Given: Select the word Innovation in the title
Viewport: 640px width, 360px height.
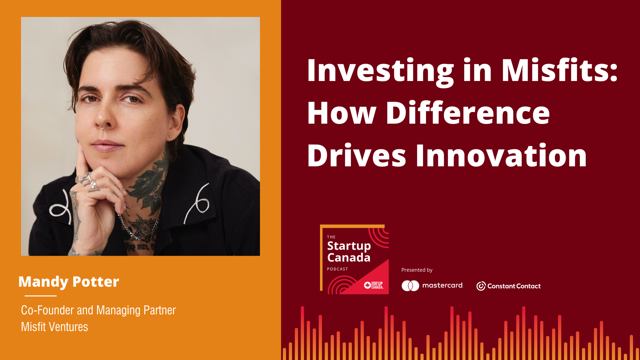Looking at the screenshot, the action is (x=501, y=155).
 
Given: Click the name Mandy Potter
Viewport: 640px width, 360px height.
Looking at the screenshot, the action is (x=69, y=282).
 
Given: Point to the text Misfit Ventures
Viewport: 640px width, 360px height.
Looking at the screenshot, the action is (x=54, y=327).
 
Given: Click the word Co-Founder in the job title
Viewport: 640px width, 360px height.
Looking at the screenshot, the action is (x=47, y=310).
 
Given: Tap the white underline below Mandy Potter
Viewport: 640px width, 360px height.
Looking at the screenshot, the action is (x=41, y=296).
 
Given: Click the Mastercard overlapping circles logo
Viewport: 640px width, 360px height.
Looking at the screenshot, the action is (x=410, y=286).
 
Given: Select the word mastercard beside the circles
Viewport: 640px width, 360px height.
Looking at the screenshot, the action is (x=443, y=285).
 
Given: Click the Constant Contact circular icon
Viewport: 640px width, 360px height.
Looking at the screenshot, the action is (x=481, y=286).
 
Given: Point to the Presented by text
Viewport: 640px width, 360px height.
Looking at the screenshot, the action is (x=417, y=270).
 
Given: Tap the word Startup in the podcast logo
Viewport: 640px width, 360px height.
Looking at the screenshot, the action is (x=349, y=246).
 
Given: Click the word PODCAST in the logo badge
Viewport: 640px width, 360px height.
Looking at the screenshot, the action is (x=337, y=269).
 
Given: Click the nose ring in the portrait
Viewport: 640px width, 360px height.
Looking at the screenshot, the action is (x=103, y=126).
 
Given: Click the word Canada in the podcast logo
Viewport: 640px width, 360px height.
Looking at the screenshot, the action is (x=349, y=258).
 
